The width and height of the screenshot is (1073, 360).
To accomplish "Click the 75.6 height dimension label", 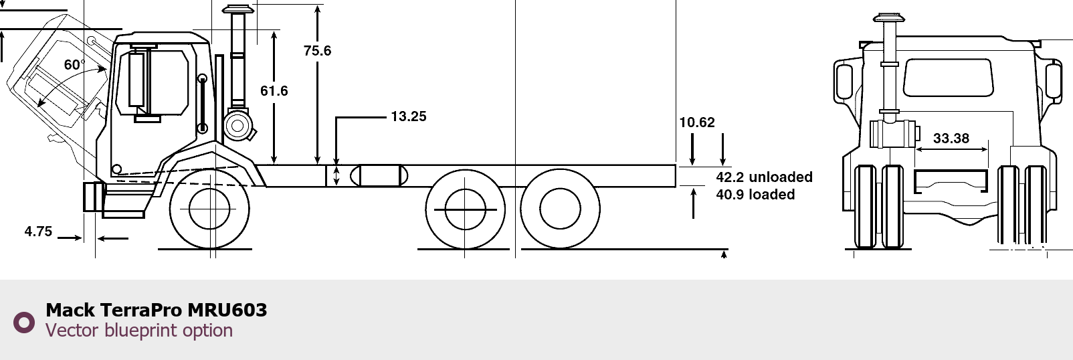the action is [x=317, y=50].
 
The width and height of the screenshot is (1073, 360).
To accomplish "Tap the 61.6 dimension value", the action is [x=274, y=90].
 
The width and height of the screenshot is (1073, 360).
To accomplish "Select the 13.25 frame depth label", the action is [x=409, y=116].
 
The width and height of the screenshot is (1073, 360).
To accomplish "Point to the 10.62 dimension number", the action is [x=697, y=122].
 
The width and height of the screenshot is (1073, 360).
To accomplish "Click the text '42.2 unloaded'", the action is [x=764, y=177].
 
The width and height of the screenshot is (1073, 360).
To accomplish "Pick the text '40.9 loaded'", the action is [x=755, y=194].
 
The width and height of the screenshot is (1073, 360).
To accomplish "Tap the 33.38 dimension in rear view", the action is [x=951, y=138].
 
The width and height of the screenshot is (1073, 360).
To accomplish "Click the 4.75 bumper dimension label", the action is [x=38, y=231].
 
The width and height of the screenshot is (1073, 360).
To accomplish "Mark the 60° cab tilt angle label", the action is [x=74, y=64].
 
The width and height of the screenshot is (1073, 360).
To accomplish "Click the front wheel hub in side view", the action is [x=209, y=209].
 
